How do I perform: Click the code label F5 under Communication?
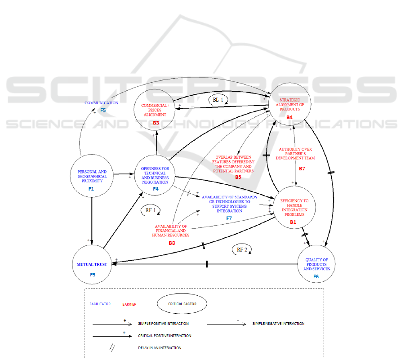tap(102, 110)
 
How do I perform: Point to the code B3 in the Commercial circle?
tap(156, 122)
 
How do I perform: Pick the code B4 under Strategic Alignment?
tap(289, 117)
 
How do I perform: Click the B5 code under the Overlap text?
tap(238, 177)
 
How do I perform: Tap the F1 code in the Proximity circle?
tap(91, 189)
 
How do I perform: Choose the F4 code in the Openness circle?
tap(156, 189)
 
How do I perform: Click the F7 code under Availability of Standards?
tap(229, 218)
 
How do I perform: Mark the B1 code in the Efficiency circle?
tap(293, 222)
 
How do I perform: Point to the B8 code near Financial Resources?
tap(172, 243)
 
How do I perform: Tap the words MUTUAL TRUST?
tap(91, 264)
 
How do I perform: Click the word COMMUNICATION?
tap(102, 103)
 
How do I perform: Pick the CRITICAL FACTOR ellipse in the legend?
tap(182, 303)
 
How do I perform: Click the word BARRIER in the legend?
tap(129, 304)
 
